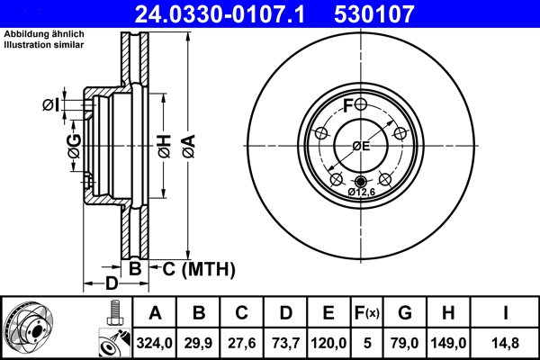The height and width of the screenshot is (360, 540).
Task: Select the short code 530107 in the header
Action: coord(397,13)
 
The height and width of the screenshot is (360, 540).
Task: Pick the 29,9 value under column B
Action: coord(199,341)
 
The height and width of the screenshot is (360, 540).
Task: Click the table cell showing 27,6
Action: coord(242,341)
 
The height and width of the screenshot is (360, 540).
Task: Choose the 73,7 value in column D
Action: coord(285,341)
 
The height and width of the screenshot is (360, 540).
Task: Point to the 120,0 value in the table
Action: coord(328,341)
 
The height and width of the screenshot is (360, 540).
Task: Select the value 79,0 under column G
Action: coord(405,341)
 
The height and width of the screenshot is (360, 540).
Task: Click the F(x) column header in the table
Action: coord(367,313)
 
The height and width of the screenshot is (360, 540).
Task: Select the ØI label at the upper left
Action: coord(50,105)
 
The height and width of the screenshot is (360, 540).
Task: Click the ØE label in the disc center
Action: coord(360,147)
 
